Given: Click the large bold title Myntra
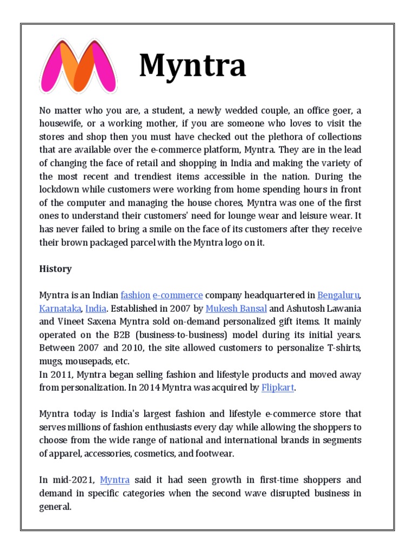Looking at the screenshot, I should pyautogui.click(x=192, y=65).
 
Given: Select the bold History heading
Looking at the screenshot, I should pyautogui.click(x=55, y=269).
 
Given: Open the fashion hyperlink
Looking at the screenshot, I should pyautogui.click(x=135, y=295).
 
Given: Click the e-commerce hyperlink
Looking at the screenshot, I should pyautogui.click(x=178, y=295).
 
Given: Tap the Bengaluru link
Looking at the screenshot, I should pyautogui.click(x=338, y=295).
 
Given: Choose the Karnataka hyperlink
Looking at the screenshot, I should pyautogui.click(x=61, y=308).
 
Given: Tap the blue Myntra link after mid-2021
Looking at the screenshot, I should pyautogui.click(x=115, y=480).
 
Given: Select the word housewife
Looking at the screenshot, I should pyautogui.click(x=61, y=124).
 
